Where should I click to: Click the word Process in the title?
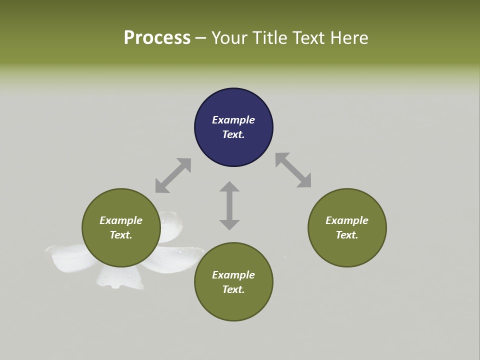coord(157,38)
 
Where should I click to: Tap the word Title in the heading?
coord(269,37)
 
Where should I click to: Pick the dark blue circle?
coord(233,127)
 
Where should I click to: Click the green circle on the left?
coord(121,228)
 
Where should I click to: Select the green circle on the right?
coord(347,228)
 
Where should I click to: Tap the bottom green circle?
coord(233,281)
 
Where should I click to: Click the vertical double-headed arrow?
coord(229,205)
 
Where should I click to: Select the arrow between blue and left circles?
coord(173,175)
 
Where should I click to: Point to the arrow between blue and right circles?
coord(293,170)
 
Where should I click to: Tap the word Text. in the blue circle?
coord(233,134)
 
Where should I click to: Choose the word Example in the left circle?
coord(121,220)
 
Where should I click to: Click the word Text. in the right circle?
coord(347,235)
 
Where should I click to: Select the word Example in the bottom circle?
coord(233,275)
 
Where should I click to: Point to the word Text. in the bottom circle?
coord(233,289)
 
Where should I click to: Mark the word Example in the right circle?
coord(347,220)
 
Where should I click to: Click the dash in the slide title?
coord(201,39)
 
